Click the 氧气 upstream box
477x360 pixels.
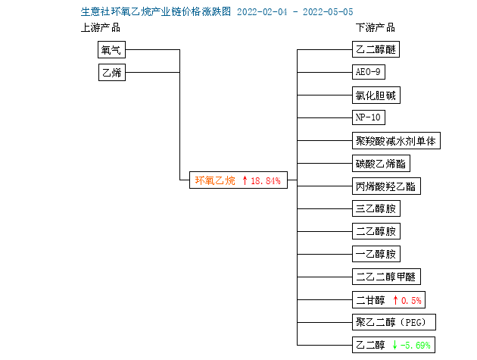[111, 50]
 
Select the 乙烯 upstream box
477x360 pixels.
[112, 72]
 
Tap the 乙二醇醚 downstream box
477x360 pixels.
[376, 49]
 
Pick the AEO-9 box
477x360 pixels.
[369, 72]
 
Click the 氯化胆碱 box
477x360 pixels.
[376, 95]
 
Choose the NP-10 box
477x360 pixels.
[369, 117]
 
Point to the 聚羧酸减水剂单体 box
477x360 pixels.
[396, 141]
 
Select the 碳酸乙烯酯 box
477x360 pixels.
[381, 164]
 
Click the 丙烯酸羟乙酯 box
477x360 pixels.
[386, 186]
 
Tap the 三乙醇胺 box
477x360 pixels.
[376, 208]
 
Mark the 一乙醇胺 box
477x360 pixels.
[376, 254]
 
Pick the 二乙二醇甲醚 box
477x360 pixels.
[386, 277]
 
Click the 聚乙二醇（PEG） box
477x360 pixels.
[394, 322]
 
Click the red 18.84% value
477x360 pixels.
[265, 181]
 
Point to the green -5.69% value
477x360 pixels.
[415, 346]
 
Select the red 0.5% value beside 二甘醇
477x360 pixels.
[411, 301]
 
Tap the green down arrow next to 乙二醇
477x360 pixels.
[395, 345]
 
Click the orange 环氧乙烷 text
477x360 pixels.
[215, 180]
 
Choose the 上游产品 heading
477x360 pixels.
[101, 28]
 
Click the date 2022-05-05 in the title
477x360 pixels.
[328, 12]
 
